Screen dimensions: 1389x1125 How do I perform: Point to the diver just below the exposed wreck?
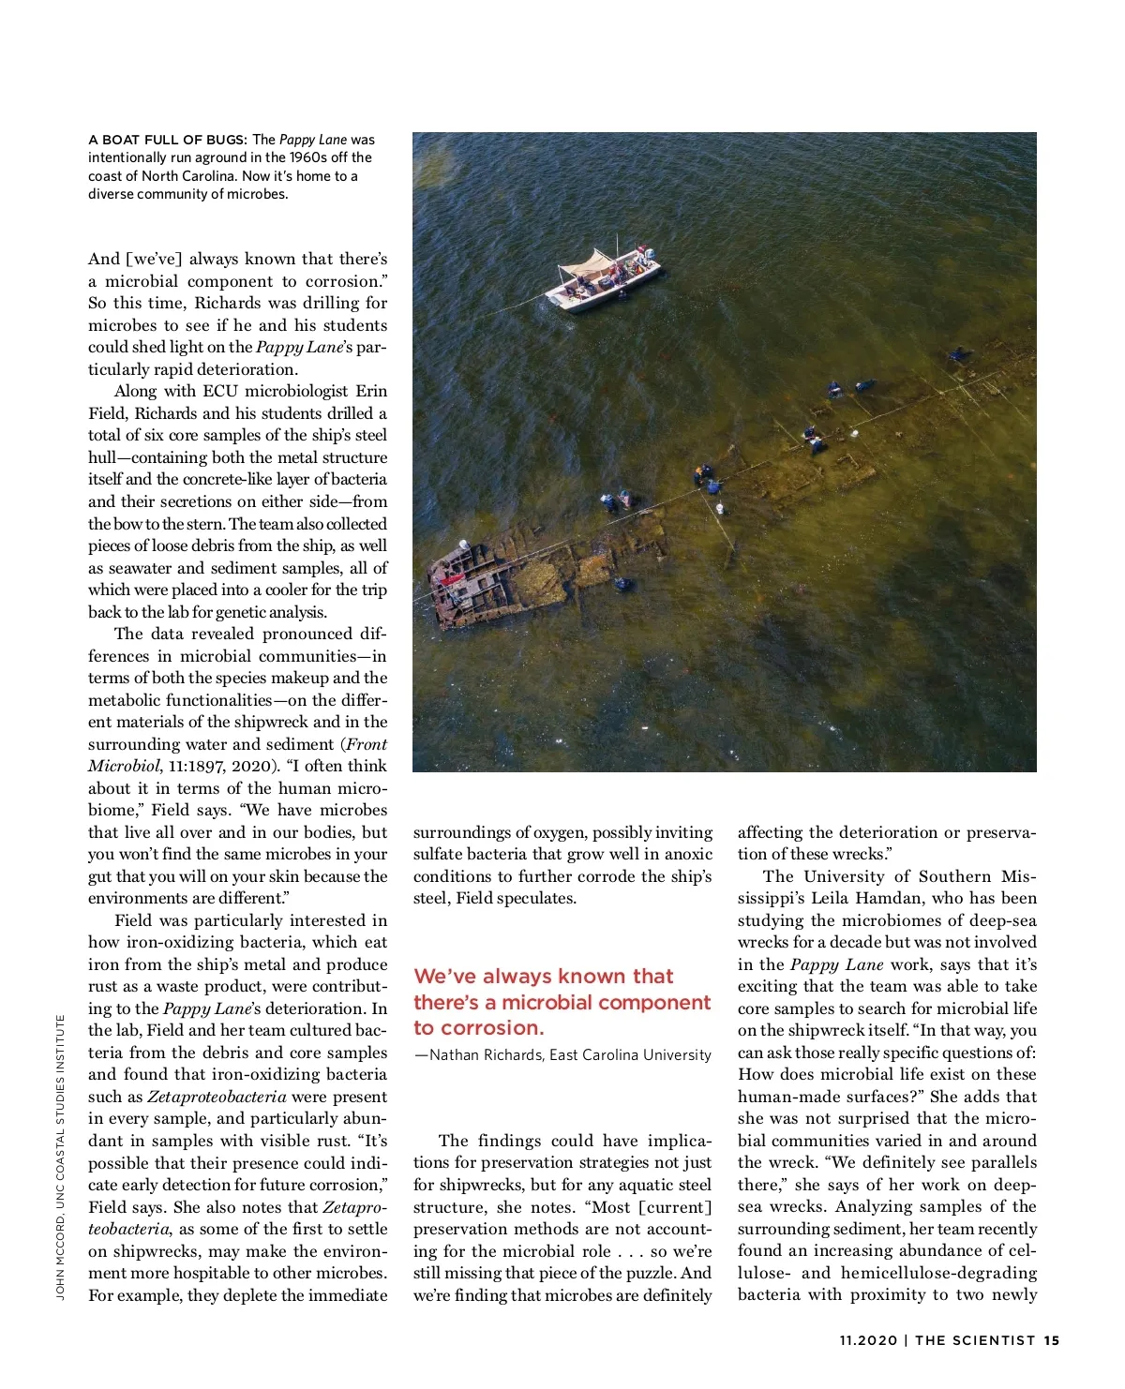coord(622,585)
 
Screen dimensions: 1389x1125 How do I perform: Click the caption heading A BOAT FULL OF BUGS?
coord(168,140)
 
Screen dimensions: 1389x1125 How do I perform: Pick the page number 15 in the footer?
coord(1051,1340)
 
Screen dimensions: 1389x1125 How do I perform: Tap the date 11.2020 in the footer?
coord(868,1340)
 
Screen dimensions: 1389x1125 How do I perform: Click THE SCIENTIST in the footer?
coord(975,1340)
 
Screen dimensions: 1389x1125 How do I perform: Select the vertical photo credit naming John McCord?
coord(61,1158)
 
